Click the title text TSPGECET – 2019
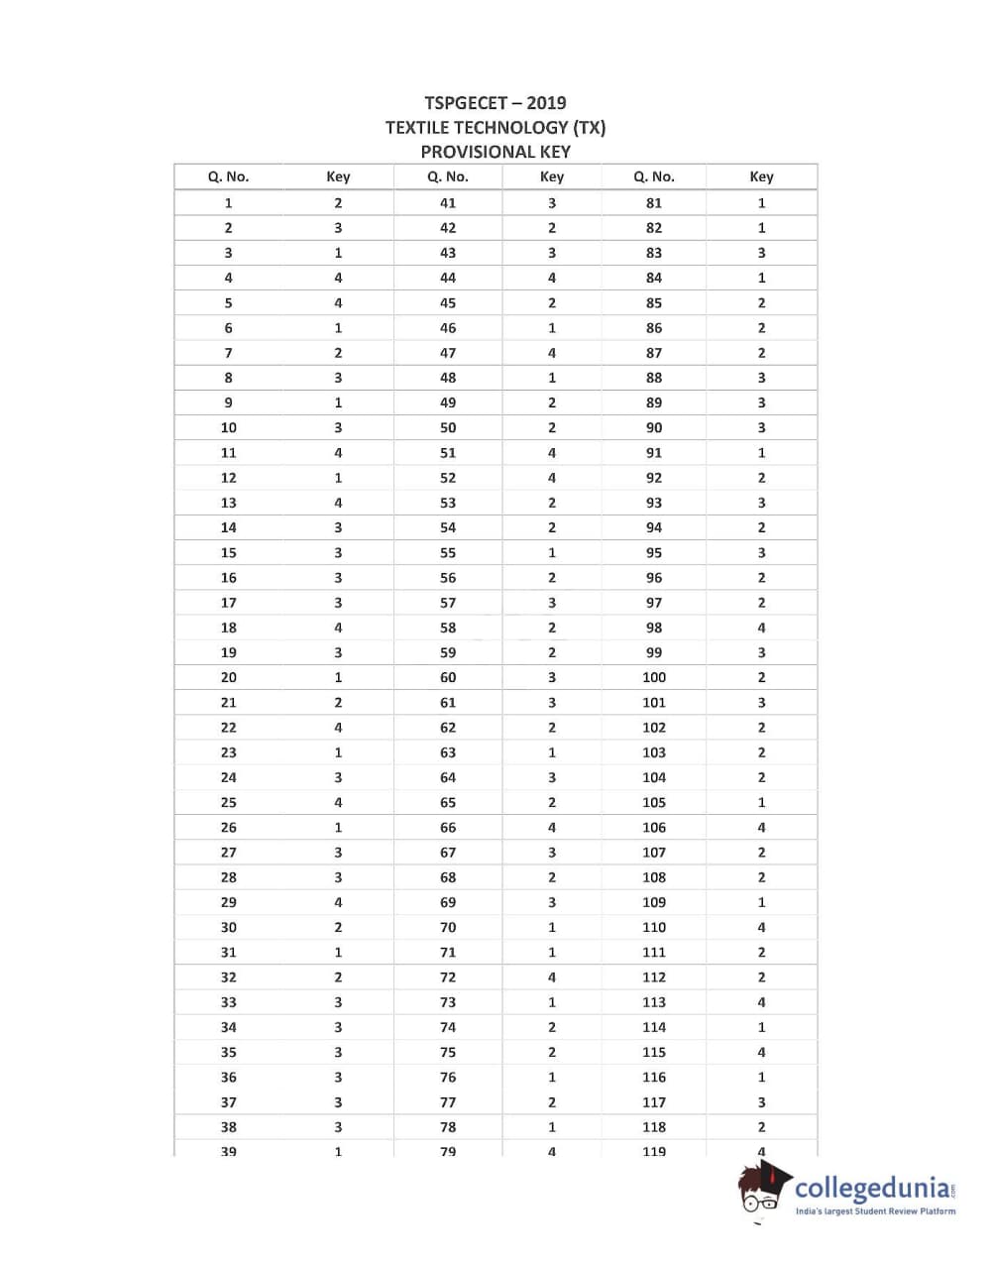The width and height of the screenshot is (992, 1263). tap(496, 103)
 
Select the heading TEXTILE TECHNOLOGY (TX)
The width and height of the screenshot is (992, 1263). tap(496, 127)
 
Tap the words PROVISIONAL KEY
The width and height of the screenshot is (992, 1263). tap(496, 152)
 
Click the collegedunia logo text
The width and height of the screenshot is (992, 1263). tap(872, 1188)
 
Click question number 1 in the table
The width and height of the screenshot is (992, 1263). tap(228, 203)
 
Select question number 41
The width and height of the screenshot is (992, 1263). tap(448, 203)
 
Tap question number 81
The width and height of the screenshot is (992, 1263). tap(654, 203)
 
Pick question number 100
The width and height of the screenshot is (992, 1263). tap(654, 678)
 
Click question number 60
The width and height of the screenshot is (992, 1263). tap(448, 678)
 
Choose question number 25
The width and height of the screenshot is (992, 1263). tap(228, 803)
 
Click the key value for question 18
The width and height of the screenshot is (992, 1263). tap(338, 628)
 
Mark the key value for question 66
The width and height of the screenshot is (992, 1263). tap(552, 828)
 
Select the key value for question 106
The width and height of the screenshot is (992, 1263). tap(761, 828)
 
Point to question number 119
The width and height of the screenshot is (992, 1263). tap(654, 1151)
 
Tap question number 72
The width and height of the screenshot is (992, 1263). tap(448, 977)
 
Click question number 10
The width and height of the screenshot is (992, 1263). tap(228, 428)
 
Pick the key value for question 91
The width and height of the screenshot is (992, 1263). tap(761, 453)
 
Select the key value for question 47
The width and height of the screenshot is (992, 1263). tap(552, 353)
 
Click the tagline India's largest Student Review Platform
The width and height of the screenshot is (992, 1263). tap(876, 1211)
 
